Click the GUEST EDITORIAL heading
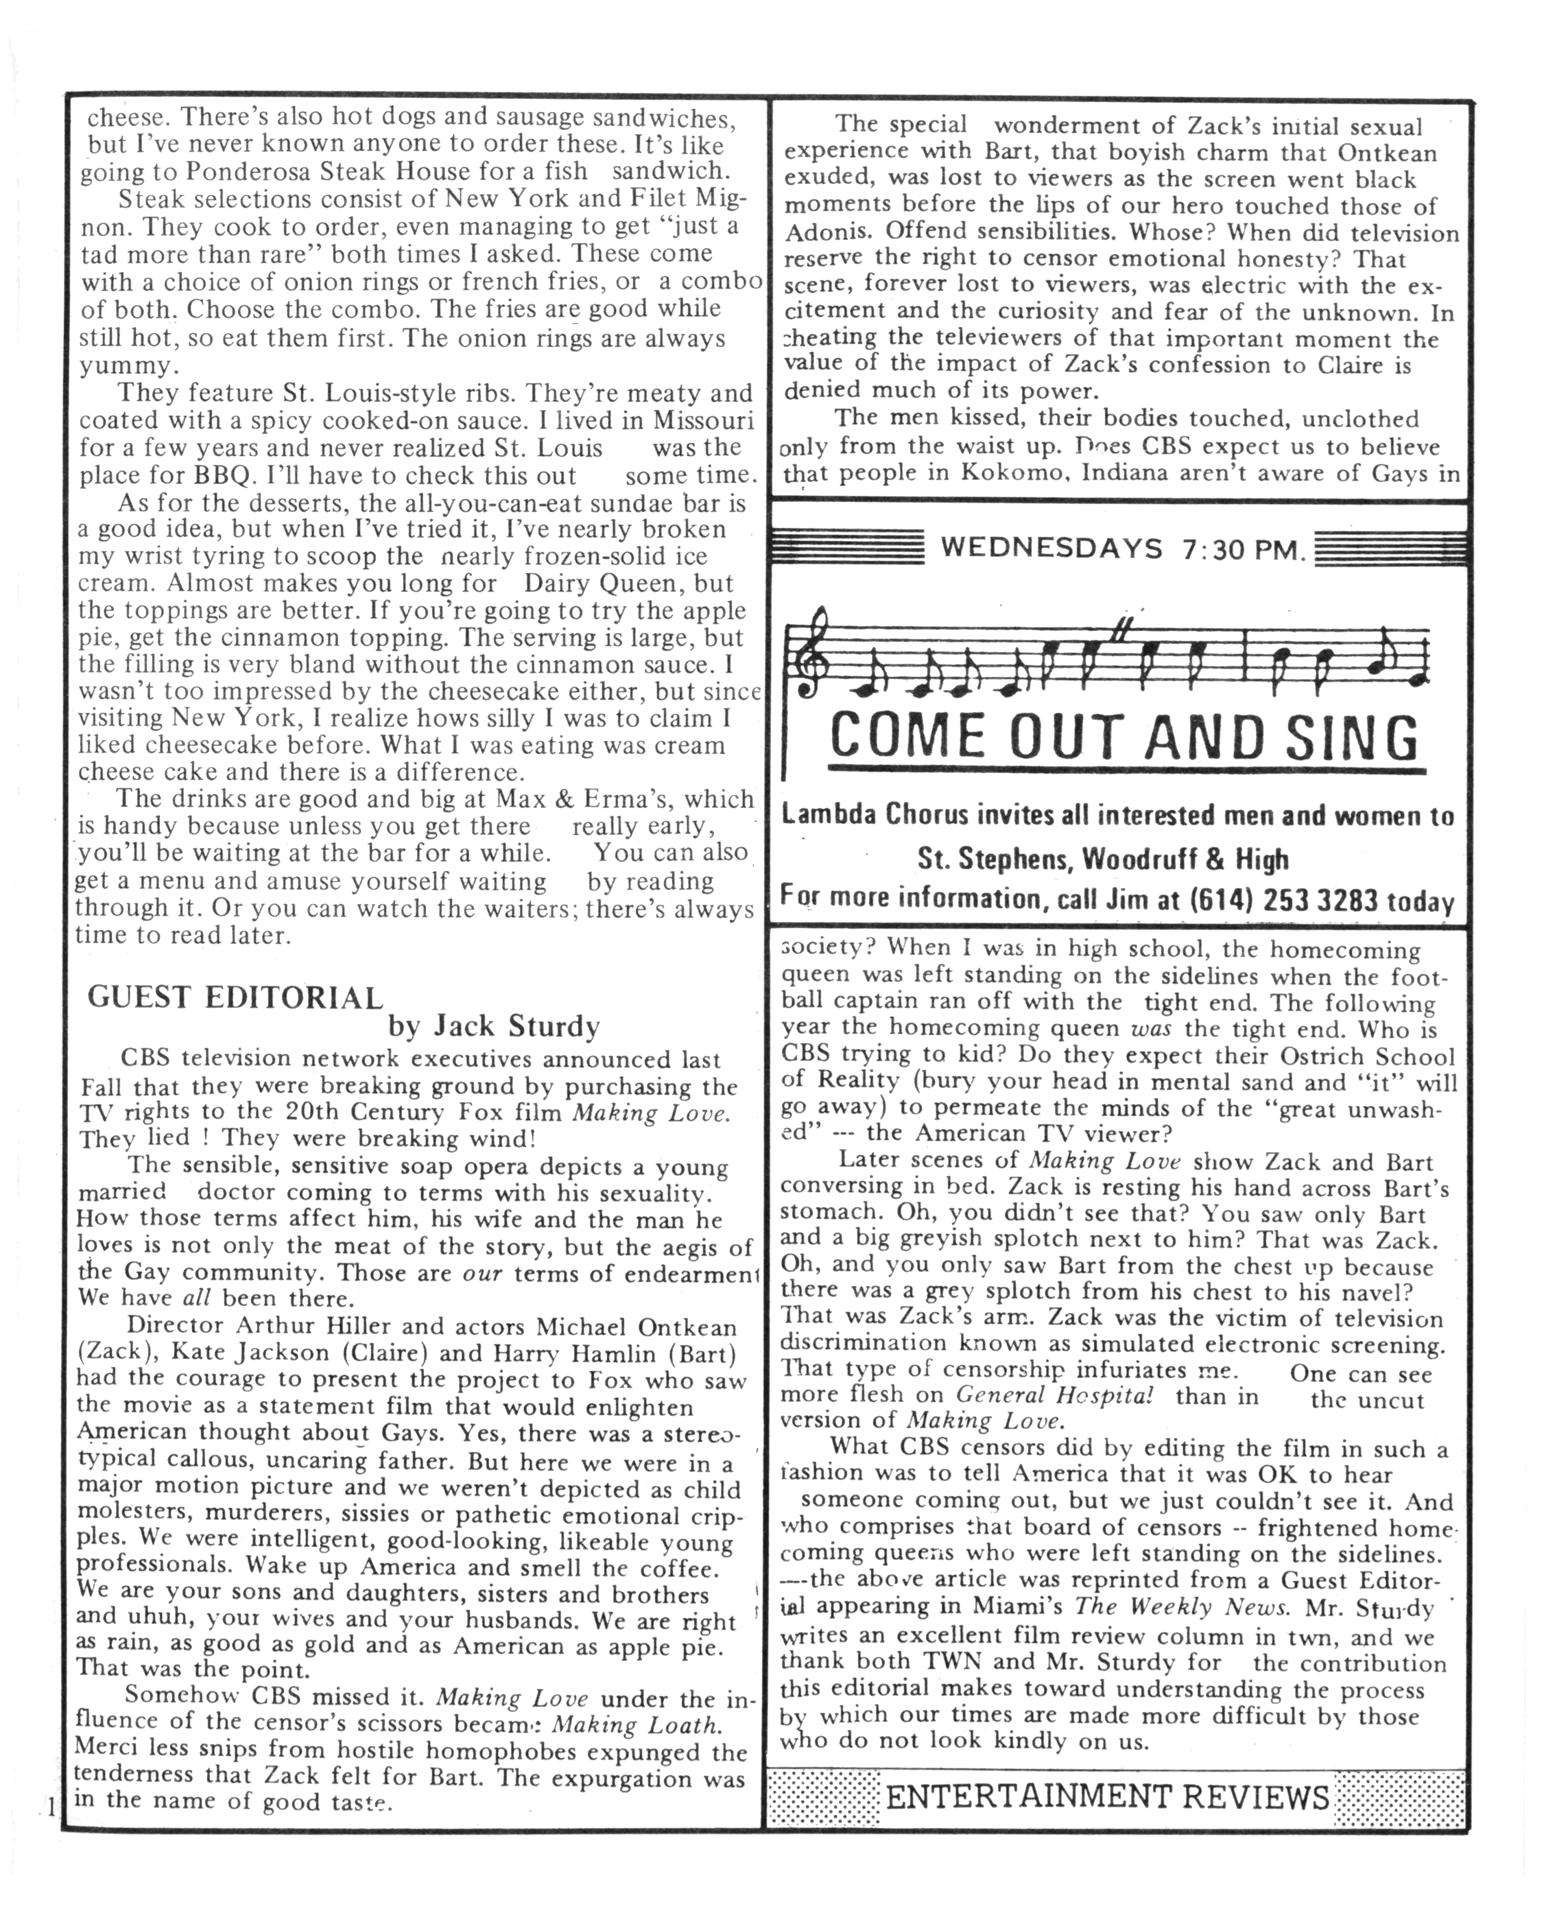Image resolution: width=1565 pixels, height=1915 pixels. [x=235, y=997]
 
